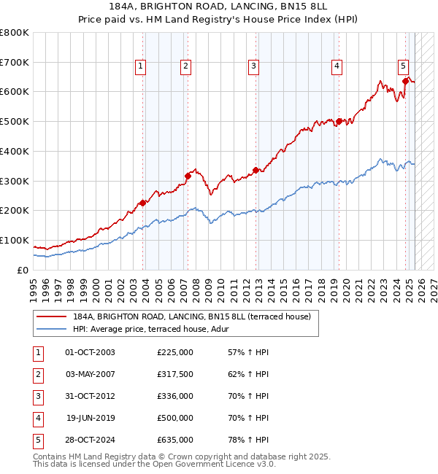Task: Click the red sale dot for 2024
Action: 405,81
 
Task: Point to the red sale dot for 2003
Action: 143,203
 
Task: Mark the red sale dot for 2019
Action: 339,122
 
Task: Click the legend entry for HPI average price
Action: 150,329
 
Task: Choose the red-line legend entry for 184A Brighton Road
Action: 191,316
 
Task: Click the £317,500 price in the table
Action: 175,374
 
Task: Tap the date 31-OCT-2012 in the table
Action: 90,396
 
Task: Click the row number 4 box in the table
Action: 37,418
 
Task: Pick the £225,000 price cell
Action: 175,352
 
